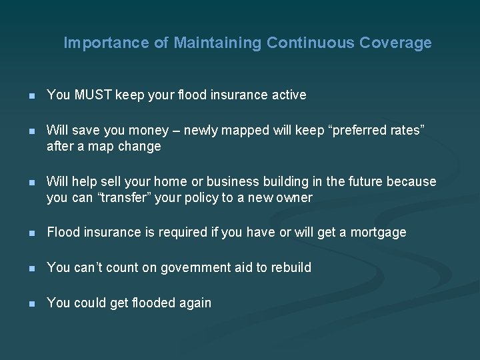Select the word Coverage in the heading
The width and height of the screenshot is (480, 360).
point(395,43)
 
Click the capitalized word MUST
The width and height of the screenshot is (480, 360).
point(93,95)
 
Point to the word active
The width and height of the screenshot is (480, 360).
point(288,95)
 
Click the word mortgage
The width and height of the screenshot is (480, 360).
point(378,233)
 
